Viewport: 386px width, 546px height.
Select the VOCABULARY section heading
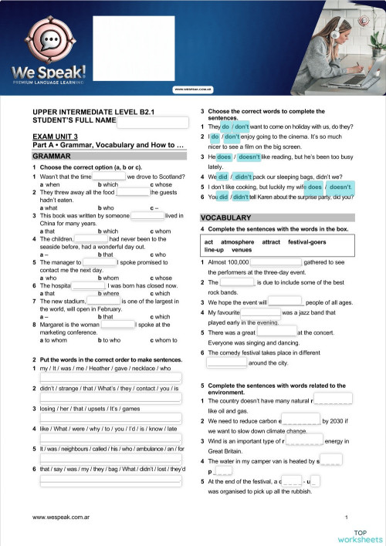[x=225, y=218]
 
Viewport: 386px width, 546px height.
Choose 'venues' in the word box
[x=242, y=250]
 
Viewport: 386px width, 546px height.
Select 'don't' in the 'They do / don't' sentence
[x=242, y=126]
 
